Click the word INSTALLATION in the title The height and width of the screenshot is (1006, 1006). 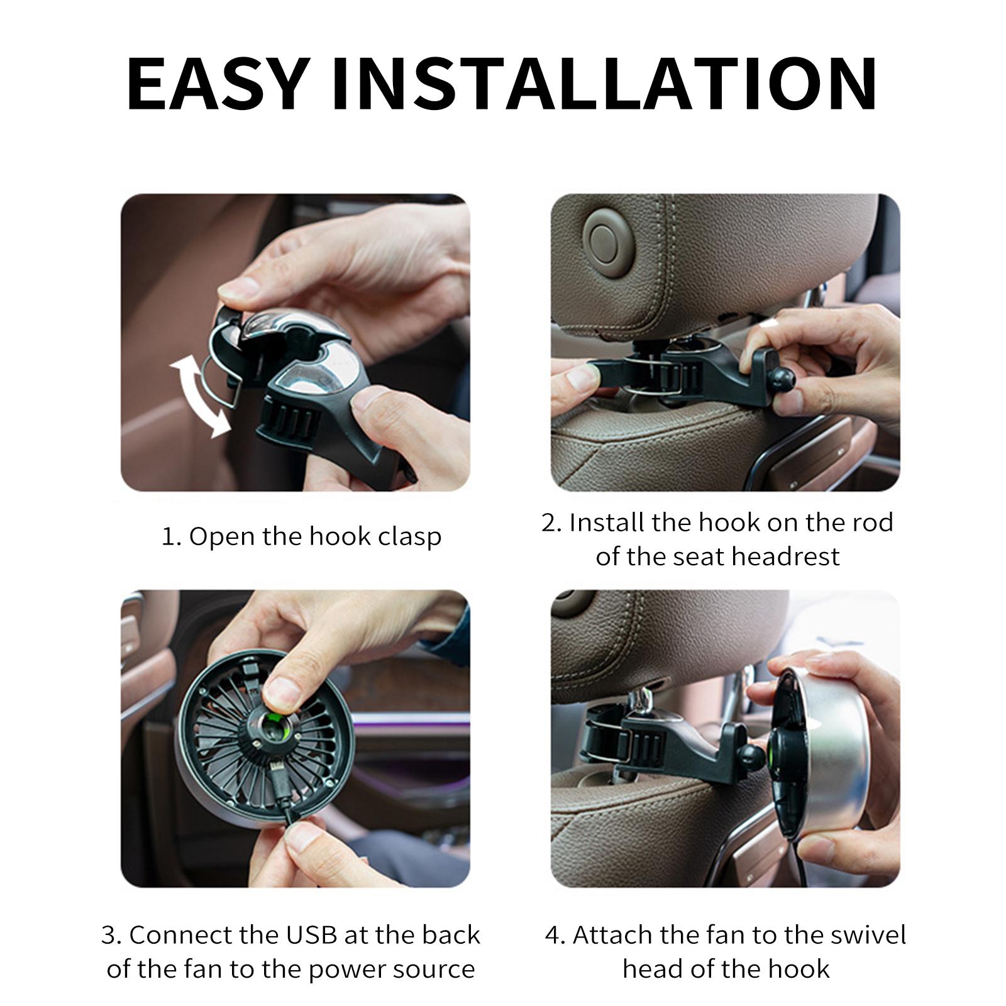(x=604, y=84)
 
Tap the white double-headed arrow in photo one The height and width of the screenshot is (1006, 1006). (x=199, y=395)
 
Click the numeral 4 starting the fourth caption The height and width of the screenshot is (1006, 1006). (x=553, y=936)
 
